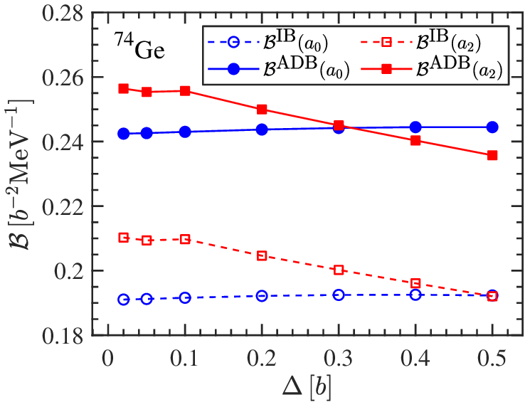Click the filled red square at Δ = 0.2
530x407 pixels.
click(x=262, y=110)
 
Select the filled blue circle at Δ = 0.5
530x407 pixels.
click(x=492, y=127)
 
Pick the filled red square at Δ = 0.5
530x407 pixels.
click(x=492, y=155)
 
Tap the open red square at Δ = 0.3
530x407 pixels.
click(x=339, y=270)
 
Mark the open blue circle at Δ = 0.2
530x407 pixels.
click(x=262, y=296)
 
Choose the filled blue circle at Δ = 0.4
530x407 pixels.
click(x=415, y=127)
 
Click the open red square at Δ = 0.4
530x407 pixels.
click(x=415, y=283)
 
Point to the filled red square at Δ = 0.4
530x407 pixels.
click(x=415, y=140)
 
